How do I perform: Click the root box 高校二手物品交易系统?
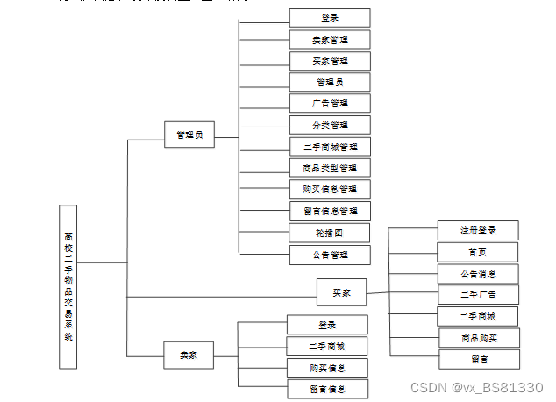click(68, 286)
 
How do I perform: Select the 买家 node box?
click(341, 291)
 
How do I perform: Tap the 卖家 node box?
click(189, 355)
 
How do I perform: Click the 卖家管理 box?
click(330, 39)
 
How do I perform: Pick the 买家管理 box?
click(330, 61)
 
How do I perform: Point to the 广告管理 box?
click(330, 104)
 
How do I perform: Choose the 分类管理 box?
click(330, 125)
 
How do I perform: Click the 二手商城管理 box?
click(330, 147)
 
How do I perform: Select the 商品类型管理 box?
click(330, 168)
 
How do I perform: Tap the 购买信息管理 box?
click(330, 189)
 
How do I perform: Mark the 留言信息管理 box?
click(330, 211)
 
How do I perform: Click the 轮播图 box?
click(330, 233)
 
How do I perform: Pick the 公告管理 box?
click(330, 255)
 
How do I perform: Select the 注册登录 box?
click(478, 230)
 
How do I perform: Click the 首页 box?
click(478, 251)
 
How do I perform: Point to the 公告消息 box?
click(478, 273)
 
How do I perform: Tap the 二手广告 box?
click(478, 294)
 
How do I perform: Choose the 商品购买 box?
click(478, 338)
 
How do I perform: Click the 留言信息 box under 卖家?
click(327, 389)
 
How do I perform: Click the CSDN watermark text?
click(477, 387)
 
